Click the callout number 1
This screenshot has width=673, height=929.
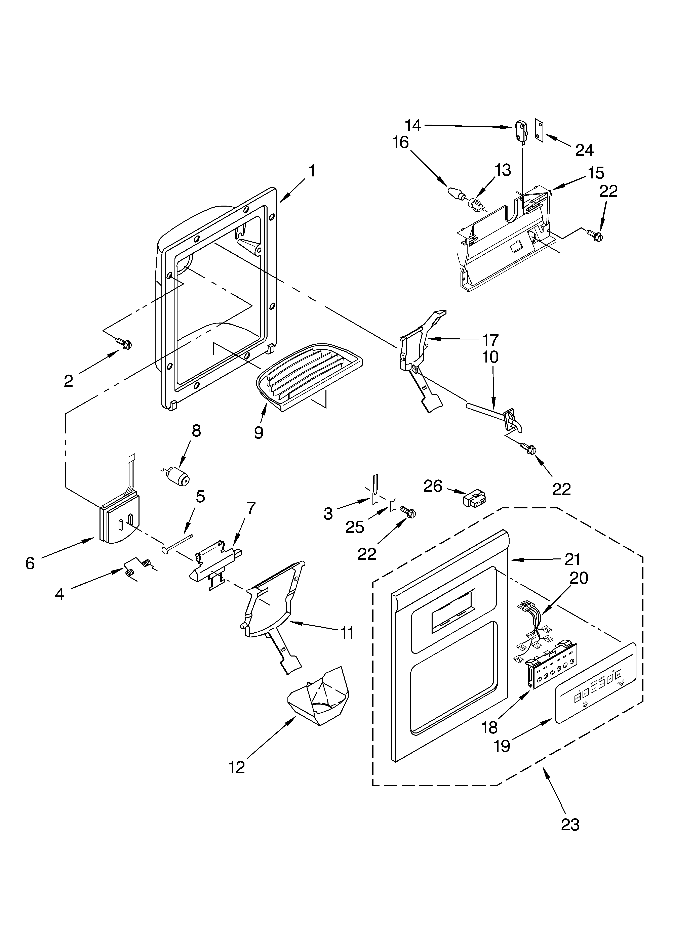[312, 171]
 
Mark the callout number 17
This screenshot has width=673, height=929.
[490, 340]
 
